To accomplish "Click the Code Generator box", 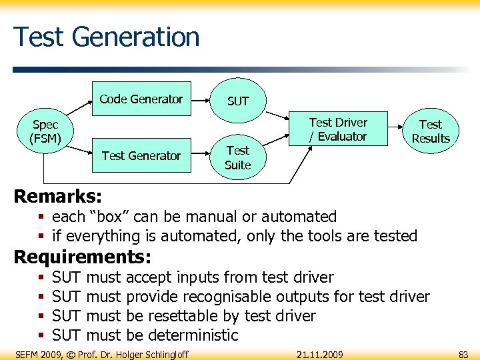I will [141, 99].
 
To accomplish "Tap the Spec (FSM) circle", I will [46, 131].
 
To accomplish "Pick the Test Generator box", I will [141, 156].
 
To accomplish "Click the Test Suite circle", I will [237, 158].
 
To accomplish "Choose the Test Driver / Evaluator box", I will [338, 129].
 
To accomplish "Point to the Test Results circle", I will [430, 131].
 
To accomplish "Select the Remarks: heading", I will [58, 196].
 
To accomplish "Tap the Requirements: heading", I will [83, 257].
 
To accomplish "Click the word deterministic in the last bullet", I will [193, 335].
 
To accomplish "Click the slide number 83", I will [463, 355].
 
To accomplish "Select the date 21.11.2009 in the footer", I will [320, 355].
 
